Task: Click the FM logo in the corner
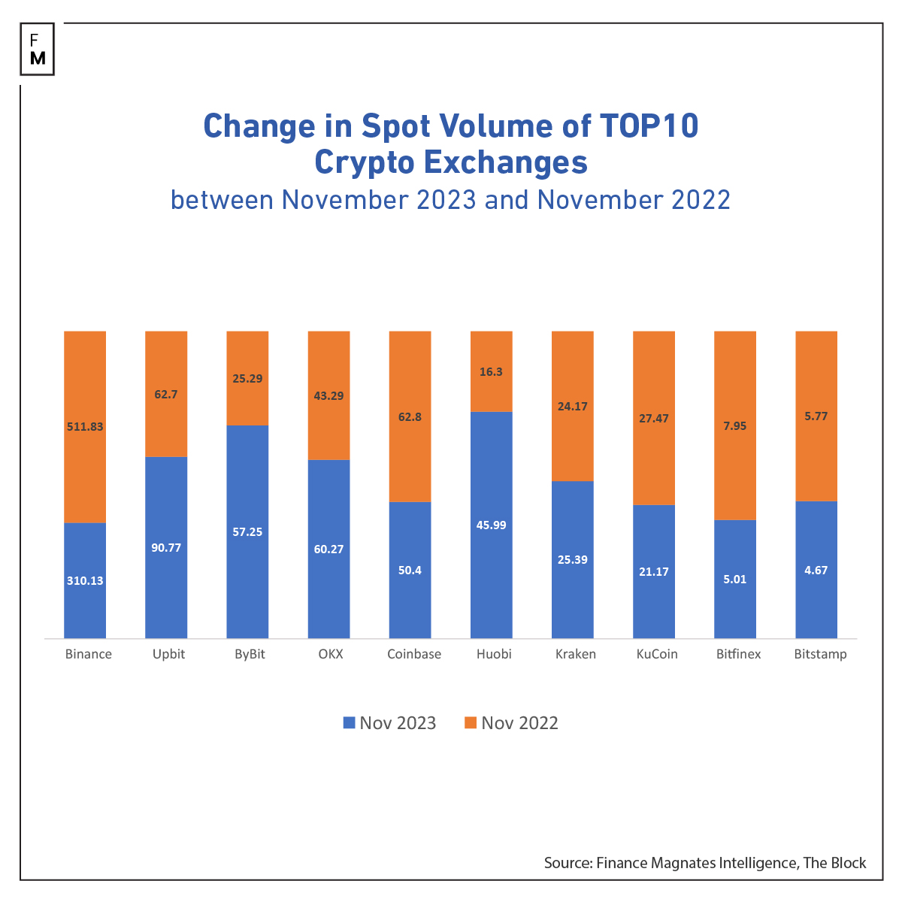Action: coord(38,50)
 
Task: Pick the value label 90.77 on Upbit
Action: coord(166,548)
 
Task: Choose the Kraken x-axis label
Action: coord(576,654)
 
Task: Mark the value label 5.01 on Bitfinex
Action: coord(734,580)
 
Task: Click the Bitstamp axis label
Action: coord(820,654)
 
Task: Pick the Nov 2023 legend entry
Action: coord(389,723)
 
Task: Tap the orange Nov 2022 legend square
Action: coord(471,723)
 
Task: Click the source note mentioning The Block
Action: coord(705,863)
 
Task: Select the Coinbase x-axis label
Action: coord(414,654)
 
